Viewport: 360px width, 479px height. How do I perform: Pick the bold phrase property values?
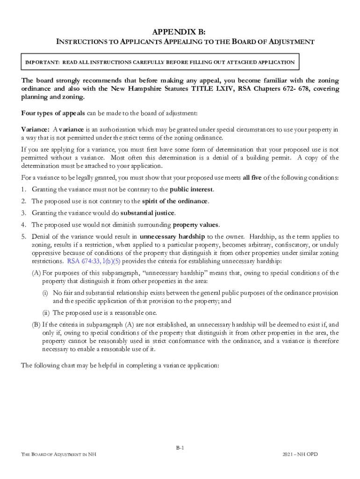[196, 225]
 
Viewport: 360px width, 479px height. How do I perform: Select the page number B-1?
[180, 448]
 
